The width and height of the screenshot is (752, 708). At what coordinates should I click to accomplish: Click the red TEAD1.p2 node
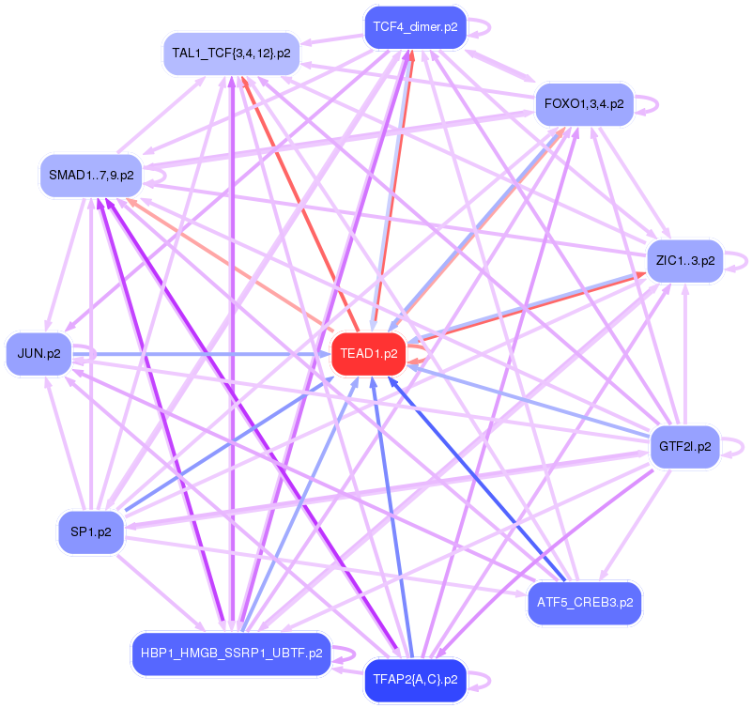[369, 354]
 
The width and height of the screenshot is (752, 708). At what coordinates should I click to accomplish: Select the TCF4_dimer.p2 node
[415, 27]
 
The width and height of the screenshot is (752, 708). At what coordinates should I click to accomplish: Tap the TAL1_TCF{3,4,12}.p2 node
[231, 53]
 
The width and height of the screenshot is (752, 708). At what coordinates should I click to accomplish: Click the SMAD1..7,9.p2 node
[90, 176]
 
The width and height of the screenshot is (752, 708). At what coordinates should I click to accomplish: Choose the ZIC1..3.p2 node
[685, 260]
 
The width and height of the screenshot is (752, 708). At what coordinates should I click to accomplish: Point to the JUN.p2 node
[38, 354]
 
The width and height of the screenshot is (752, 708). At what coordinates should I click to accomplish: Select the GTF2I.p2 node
[684, 446]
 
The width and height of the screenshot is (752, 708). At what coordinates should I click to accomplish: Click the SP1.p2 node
[90, 531]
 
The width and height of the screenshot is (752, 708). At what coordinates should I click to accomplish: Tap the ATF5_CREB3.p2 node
[585, 601]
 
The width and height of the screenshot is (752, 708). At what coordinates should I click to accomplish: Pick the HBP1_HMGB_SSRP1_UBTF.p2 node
[231, 653]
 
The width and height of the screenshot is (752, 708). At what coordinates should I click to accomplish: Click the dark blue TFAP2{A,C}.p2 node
[414, 679]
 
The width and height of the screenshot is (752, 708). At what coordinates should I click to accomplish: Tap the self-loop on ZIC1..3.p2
[741, 260]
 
